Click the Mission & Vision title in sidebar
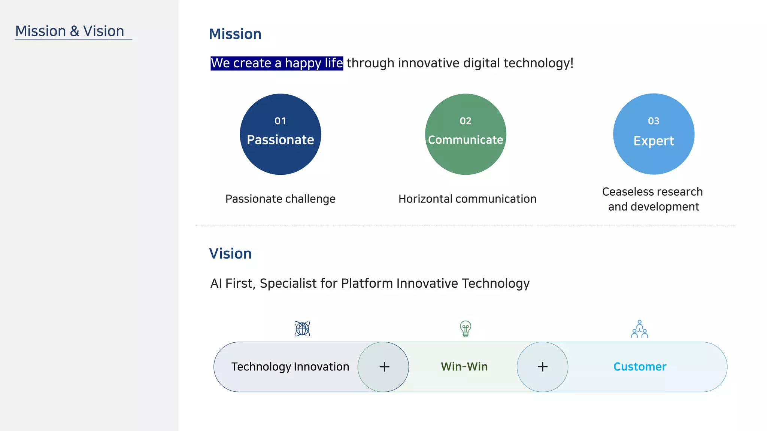click(x=70, y=31)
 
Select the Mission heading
click(x=235, y=34)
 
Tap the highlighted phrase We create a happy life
click(x=276, y=63)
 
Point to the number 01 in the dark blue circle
click(x=280, y=121)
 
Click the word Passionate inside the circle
click(x=280, y=140)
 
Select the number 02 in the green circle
click(x=466, y=121)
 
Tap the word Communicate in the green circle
click(x=466, y=140)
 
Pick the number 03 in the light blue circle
click(x=654, y=121)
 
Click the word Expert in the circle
click(x=654, y=141)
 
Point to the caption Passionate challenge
click(x=280, y=199)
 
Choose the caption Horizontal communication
click(x=467, y=199)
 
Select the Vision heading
click(x=230, y=254)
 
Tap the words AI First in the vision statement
click(x=231, y=284)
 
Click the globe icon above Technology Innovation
click(x=302, y=329)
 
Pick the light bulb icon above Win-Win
click(x=466, y=329)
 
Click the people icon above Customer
click(x=639, y=329)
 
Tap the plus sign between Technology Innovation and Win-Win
click(x=384, y=367)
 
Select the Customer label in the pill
click(x=640, y=367)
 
